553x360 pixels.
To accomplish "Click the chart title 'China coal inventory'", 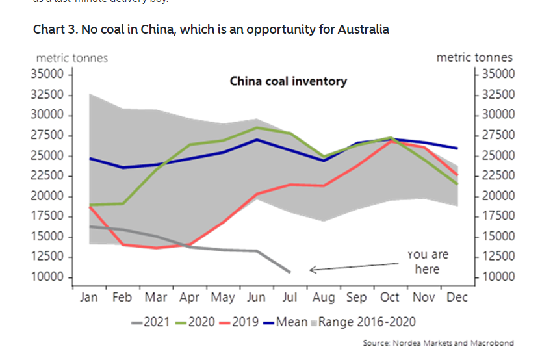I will coord(288,81).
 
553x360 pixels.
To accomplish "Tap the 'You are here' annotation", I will coord(427,262).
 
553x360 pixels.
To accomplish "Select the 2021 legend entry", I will coord(150,322).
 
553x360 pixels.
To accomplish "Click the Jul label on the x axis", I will coord(289,298).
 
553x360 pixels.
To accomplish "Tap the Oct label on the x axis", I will coord(390,298).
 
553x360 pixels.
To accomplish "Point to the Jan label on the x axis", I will coord(88,298).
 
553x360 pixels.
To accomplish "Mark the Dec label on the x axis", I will coord(457,298).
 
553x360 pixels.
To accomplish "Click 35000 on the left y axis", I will coord(47,74).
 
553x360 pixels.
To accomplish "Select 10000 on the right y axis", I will coord(497,277).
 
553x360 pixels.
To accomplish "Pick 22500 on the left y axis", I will coord(47,175).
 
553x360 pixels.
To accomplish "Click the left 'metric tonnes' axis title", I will coord(72,58).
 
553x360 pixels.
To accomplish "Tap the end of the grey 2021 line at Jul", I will coord(290,272).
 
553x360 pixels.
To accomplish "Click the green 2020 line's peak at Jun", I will coord(257,127).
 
